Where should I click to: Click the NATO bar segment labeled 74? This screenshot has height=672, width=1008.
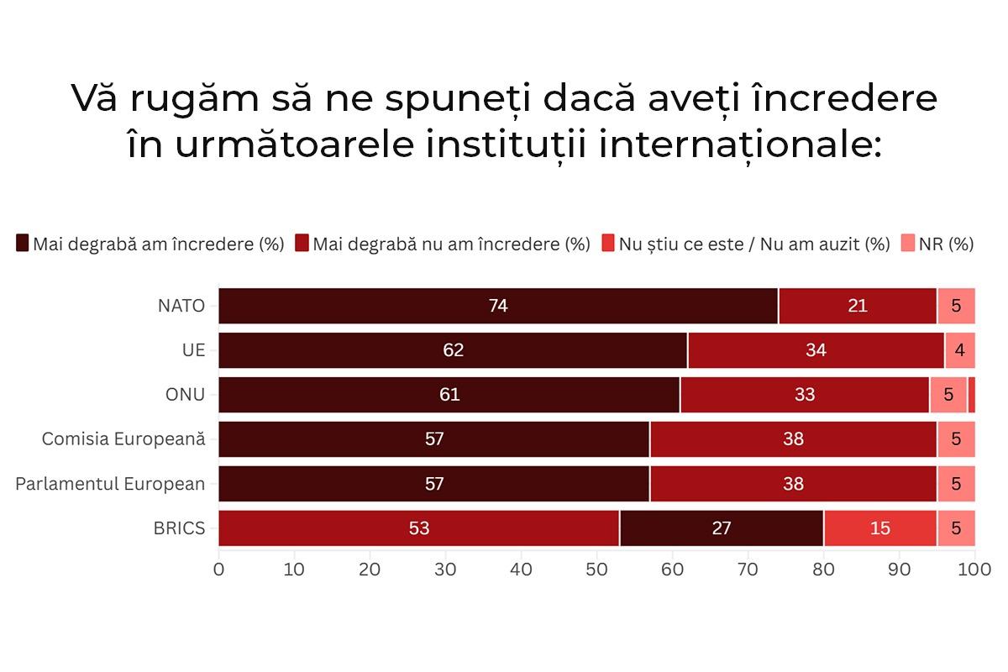pos(498,306)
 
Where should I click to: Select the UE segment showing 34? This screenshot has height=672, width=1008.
pos(816,350)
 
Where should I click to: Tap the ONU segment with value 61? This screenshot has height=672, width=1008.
pos(449,395)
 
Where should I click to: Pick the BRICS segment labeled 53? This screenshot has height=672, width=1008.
pos(418,528)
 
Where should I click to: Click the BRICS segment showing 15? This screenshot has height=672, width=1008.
pos(879,528)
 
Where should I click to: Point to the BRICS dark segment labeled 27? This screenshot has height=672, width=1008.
pos(721,528)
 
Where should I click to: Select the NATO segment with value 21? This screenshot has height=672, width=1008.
pos(857,306)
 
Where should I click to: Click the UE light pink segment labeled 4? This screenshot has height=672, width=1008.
pos(959,350)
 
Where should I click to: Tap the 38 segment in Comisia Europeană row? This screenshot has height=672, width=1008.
pos(792,439)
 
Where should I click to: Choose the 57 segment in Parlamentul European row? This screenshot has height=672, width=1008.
pos(433,484)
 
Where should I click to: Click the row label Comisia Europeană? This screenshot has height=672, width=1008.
pos(123,438)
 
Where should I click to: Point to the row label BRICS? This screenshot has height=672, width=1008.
pos(179,528)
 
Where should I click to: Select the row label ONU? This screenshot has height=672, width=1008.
pos(185,395)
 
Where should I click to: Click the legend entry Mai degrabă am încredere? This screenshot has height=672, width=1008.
pos(158,244)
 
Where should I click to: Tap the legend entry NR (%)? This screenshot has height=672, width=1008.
pos(945,244)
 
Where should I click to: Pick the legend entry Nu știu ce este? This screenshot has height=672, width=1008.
pos(753,244)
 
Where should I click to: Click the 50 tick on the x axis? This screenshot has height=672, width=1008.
pos(597,570)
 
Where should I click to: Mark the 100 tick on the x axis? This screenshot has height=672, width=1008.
pos(974,570)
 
